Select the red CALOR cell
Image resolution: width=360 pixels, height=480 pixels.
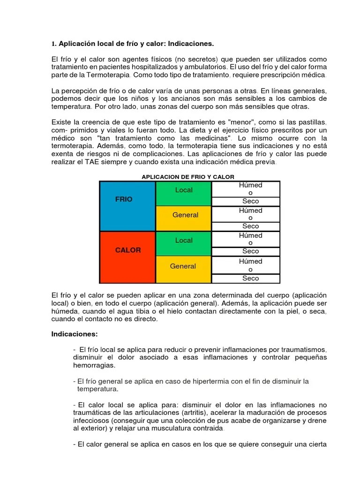click(128, 257)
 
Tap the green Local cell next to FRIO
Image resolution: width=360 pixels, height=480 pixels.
click(184, 194)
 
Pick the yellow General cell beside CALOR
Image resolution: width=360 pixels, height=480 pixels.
click(183, 269)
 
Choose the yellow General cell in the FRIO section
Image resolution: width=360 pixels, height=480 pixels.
click(184, 218)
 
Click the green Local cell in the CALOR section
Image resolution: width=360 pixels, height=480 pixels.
click(184, 244)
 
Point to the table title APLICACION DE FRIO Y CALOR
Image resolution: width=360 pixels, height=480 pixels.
click(188, 176)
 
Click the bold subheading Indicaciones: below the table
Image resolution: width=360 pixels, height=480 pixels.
click(75, 334)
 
